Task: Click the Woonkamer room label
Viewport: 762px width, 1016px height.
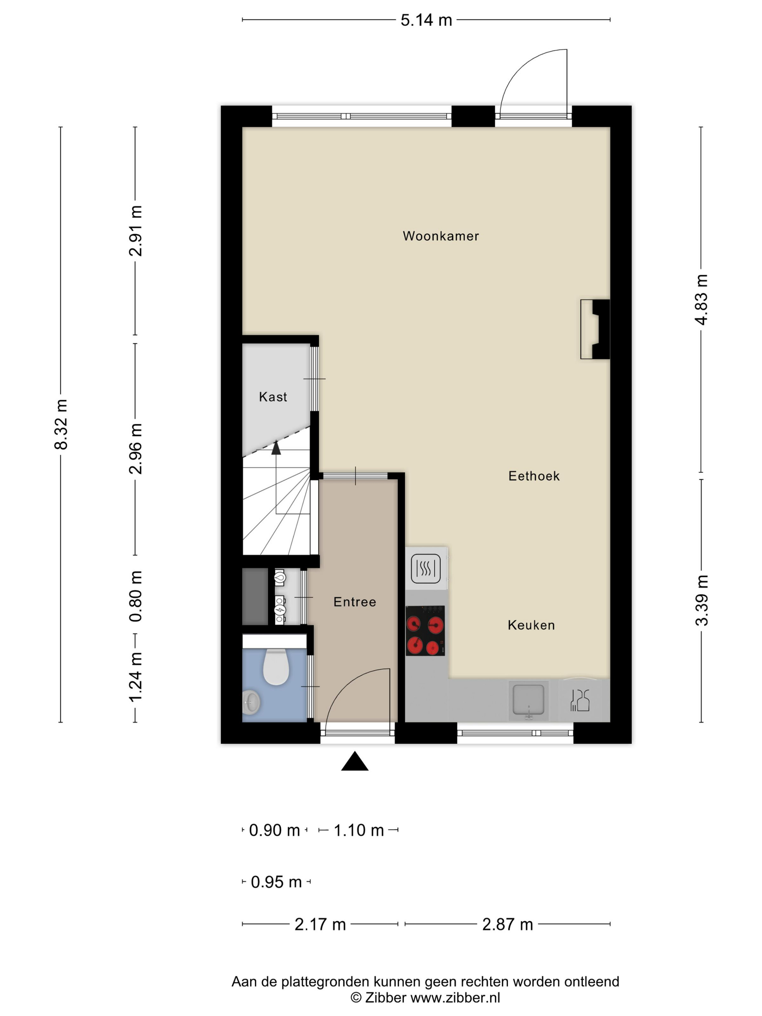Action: tap(441, 236)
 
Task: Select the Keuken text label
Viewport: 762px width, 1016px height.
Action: tap(531, 625)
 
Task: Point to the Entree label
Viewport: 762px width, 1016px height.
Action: tap(355, 602)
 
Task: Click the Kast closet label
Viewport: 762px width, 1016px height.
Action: tap(273, 397)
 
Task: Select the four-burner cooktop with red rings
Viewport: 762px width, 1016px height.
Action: tap(425, 630)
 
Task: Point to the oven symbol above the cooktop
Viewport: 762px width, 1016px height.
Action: tap(426, 569)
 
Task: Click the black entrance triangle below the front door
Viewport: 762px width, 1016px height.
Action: tap(355, 761)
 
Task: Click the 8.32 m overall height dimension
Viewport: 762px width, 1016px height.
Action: tap(61, 424)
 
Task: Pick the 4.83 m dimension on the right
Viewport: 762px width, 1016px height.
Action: tap(701, 299)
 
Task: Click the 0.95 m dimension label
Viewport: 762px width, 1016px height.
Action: tap(276, 882)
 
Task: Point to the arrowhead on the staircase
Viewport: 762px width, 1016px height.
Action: tap(276, 448)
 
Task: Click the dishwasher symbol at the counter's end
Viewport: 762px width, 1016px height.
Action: tap(579, 700)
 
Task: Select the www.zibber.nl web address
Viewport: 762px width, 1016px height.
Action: tap(455, 997)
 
